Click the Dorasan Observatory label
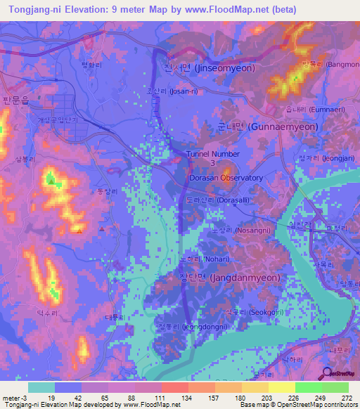tap(226, 178)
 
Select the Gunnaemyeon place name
tap(267, 127)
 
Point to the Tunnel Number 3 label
tap(213, 158)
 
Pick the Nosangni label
tap(240, 230)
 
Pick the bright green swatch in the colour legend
tap(335, 387)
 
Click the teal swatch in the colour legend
tap(41, 387)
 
